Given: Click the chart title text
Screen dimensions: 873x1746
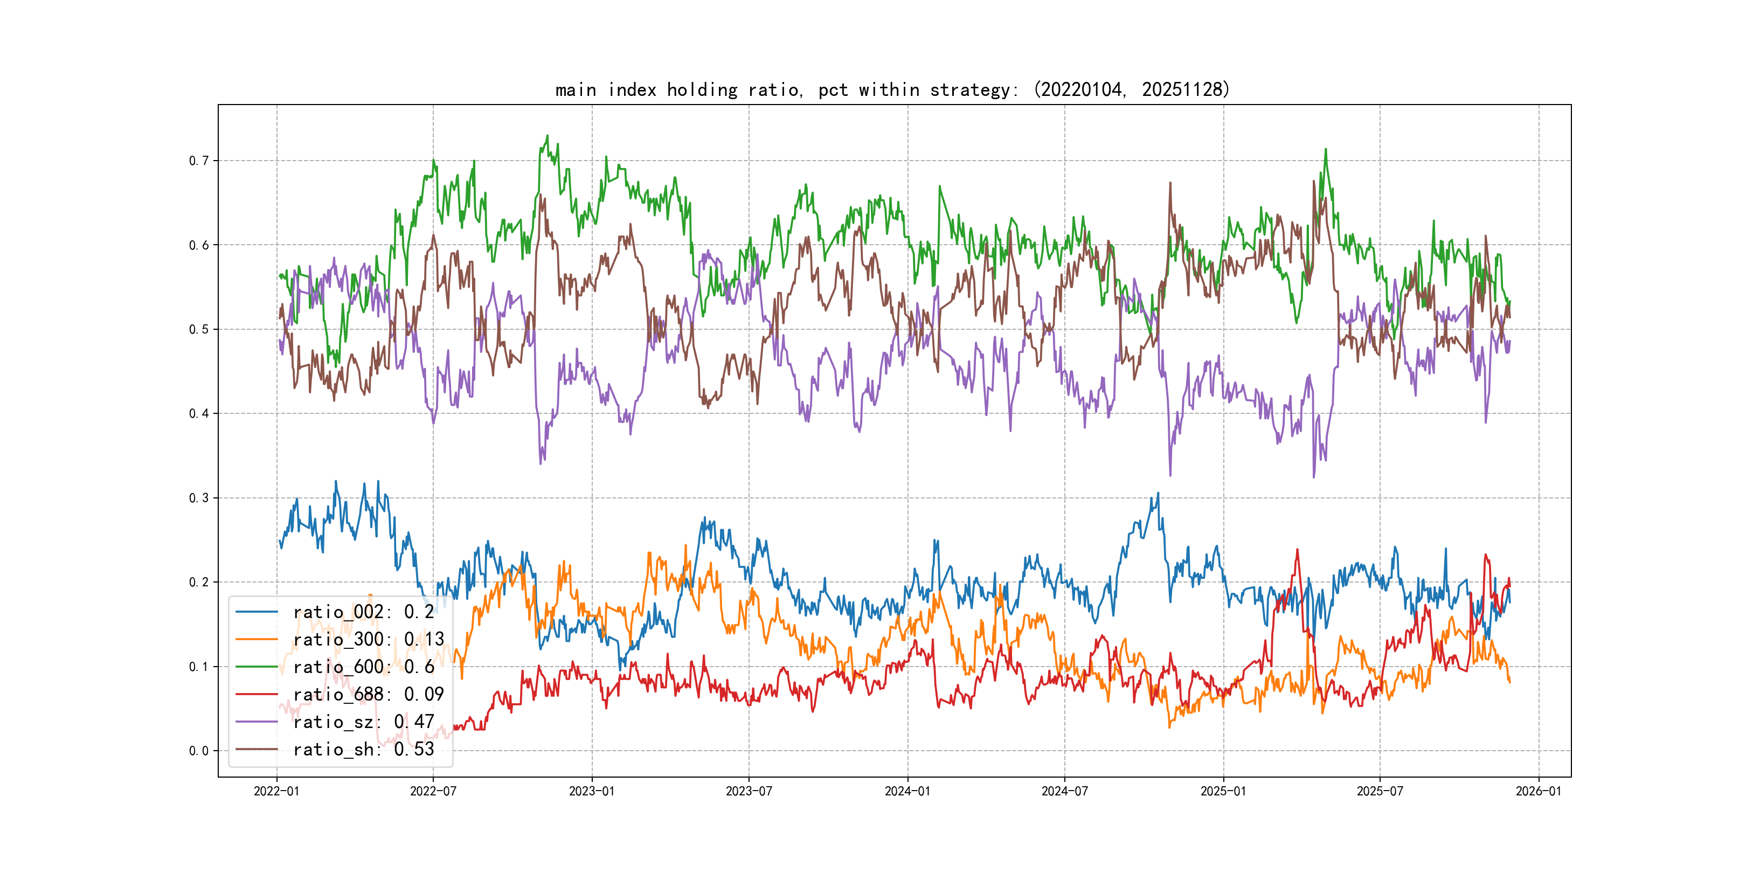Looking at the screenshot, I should click(x=892, y=89).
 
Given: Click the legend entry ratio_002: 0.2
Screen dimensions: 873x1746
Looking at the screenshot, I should click(x=363, y=612).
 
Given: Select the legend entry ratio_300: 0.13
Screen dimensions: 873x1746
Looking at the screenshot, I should click(x=368, y=639).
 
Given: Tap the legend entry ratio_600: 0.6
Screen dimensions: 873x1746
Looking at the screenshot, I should click(x=363, y=667).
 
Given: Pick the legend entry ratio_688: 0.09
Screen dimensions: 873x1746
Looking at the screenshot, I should click(x=368, y=694).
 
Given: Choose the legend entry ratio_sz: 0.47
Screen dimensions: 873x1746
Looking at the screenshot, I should click(x=363, y=722).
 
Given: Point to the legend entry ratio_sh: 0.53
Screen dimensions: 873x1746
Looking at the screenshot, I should click(x=363, y=749).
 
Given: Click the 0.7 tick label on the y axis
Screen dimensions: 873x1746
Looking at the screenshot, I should click(x=199, y=161).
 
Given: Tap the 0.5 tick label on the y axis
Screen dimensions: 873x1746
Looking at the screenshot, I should click(x=199, y=329).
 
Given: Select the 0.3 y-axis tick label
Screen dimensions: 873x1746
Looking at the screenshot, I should click(x=199, y=498).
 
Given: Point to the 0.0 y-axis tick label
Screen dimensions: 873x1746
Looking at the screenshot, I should click(x=199, y=751).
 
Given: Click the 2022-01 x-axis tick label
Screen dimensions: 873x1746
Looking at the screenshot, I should click(x=276, y=791).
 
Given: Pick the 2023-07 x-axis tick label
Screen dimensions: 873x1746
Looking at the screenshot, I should click(x=749, y=791).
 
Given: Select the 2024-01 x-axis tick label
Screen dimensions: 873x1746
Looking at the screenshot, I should click(x=907, y=791).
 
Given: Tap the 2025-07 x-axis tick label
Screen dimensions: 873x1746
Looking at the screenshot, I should click(x=1380, y=791).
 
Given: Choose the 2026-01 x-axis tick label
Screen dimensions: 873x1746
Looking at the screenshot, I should click(x=1539, y=791).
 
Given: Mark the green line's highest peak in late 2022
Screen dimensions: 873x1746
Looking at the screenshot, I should click(x=548, y=136).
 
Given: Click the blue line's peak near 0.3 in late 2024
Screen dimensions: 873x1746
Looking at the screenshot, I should click(x=1158, y=494).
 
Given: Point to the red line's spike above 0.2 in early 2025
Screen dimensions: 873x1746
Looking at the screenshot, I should click(x=1297, y=550).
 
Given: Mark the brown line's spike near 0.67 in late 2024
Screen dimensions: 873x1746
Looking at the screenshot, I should click(x=1170, y=183).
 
